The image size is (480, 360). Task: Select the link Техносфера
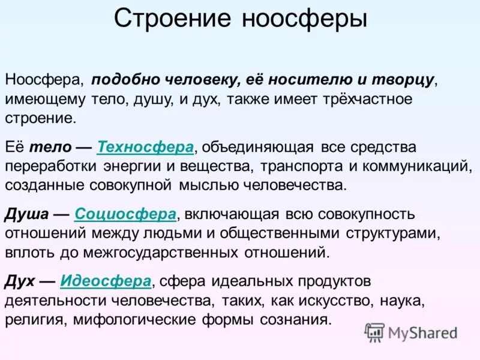pyautogui.click(x=145, y=146)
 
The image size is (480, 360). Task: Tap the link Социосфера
pyautogui.click(x=125, y=214)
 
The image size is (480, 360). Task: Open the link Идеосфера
pyautogui.click(x=106, y=281)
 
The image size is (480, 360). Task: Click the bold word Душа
pyautogui.click(x=23, y=214)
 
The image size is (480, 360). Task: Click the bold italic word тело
pyautogui.click(x=46, y=146)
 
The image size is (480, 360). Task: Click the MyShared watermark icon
pyautogui.click(x=374, y=332)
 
